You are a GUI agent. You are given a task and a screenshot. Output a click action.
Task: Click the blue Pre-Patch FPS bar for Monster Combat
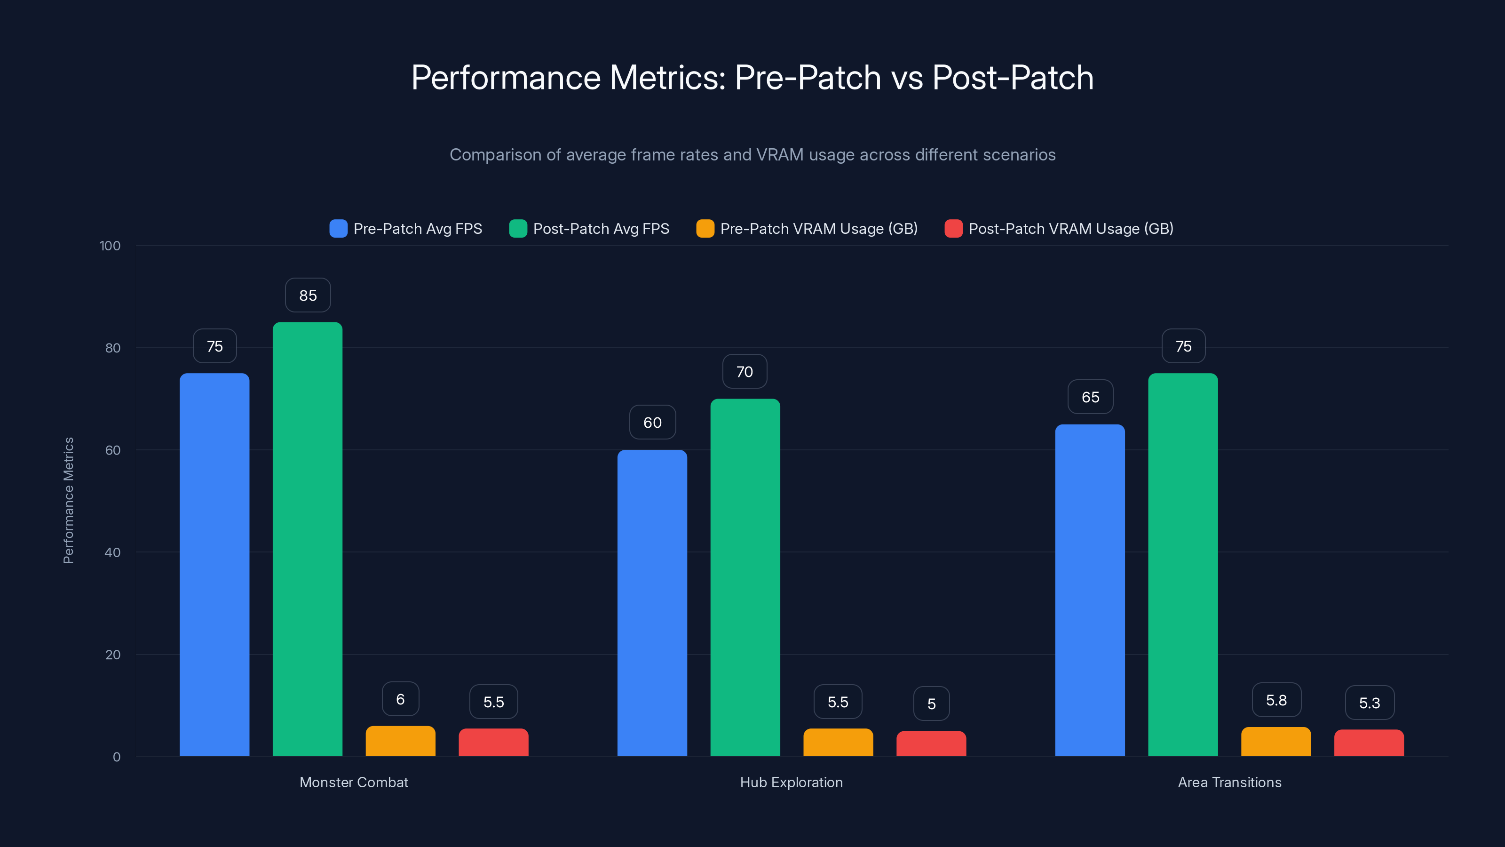pyautogui.click(x=214, y=564)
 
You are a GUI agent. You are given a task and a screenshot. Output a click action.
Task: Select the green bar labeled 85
pyautogui.click(x=307, y=538)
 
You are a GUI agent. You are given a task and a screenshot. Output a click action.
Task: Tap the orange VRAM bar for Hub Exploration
pyautogui.click(x=838, y=743)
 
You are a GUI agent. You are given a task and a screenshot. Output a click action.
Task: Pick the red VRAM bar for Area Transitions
pyautogui.click(x=1369, y=743)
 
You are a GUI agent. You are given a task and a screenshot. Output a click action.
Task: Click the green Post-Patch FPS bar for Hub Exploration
pyautogui.click(x=745, y=577)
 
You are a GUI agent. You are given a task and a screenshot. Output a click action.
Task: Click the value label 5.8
pyautogui.click(x=1276, y=700)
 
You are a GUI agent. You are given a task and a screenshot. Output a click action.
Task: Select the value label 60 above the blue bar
pyautogui.click(x=652, y=422)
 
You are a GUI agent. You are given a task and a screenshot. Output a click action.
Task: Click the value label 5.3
pyautogui.click(x=1369, y=703)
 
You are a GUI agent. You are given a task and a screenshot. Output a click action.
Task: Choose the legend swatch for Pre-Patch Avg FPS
pyautogui.click(x=338, y=229)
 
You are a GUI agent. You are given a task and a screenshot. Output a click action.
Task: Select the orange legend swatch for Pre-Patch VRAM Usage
pyautogui.click(x=705, y=229)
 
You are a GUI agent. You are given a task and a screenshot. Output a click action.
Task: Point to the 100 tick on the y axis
pyautogui.click(x=110, y=246)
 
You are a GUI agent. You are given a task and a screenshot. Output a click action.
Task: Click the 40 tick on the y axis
pyautogui.click(x=112, y=552)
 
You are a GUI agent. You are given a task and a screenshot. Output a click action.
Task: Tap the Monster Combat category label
pyautogui.click(x=354, y=782)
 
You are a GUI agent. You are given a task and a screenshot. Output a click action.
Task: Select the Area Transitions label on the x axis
pyautogui.click(x=1229, y=782)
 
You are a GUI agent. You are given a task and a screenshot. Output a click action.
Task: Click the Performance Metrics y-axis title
pyautogui.click(x=68, y=500)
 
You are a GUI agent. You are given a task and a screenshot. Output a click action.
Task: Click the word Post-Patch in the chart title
pyautogui.click(x=1013, y=77)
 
